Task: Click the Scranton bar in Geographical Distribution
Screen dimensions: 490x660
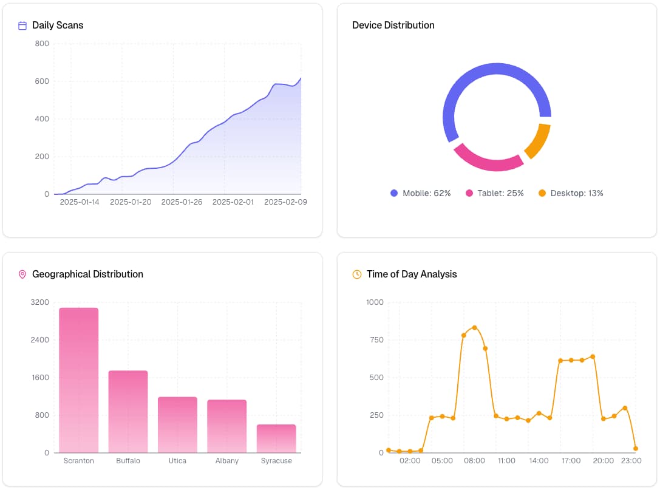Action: [78, 380]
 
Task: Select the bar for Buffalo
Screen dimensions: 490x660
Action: [128, 412]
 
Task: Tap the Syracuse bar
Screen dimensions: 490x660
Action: [276, 438]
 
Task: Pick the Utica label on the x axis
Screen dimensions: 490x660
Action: [177, 461]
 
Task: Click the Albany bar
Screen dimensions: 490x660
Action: [227, 426]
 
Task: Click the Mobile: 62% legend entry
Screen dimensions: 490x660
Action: [420, 193]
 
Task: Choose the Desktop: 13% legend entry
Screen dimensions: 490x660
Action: [570, 193]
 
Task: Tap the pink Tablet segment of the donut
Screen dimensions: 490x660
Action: [488, 160]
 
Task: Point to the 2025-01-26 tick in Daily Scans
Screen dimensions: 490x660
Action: [181, 202]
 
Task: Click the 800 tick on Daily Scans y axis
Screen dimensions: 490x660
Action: [42, 44]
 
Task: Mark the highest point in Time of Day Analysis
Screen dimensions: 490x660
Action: [474, 328]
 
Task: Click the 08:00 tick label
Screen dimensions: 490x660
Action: [474, 461]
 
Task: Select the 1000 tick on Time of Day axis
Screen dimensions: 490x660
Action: [375, 302]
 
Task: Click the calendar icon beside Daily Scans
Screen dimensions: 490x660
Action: [22, 26]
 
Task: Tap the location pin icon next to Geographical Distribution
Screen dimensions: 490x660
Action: [22, 274]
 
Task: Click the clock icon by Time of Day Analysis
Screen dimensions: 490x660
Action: [357, 274]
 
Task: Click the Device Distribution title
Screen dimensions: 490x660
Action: [393, 26]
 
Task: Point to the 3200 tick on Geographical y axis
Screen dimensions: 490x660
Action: [39, 302]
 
